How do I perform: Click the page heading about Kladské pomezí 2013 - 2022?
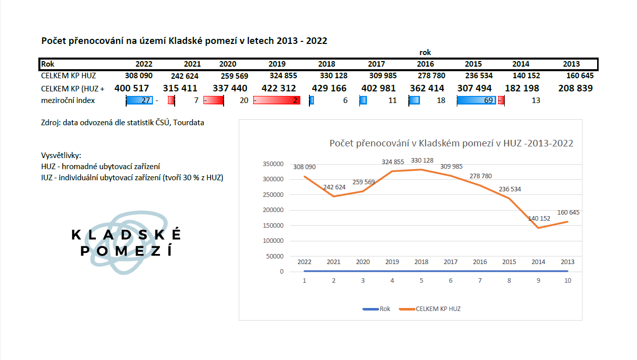point(184,41)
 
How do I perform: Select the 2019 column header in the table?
point(277,64)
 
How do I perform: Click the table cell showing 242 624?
point(185,76)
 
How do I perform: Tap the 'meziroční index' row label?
point(68,100)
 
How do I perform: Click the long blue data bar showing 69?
point(476,100)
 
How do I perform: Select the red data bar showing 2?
point(277,100)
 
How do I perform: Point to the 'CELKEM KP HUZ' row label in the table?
point(68,76)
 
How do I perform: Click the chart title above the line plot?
point(451,143)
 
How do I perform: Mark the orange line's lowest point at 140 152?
point(539,228)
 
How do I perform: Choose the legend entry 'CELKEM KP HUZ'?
point(437,308)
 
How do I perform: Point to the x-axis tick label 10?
point(567,281)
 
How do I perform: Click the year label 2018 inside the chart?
point(421,262)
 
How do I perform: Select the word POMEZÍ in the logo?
point(126,250)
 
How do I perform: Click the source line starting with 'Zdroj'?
point(123,123)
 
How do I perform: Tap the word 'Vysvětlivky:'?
point(61,156)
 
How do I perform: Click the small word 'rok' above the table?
point(425,53)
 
